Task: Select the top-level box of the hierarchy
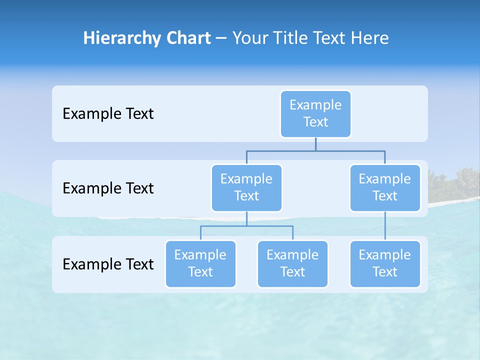315,114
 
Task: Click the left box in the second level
246,188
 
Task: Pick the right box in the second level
385,188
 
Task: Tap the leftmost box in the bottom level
200,264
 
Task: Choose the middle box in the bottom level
292,264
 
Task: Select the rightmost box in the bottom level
385,264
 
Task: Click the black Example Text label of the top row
108,114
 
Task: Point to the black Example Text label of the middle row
108,188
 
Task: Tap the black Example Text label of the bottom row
108,264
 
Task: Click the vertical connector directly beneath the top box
315,144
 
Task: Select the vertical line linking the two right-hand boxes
385,226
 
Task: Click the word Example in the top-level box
315,105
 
